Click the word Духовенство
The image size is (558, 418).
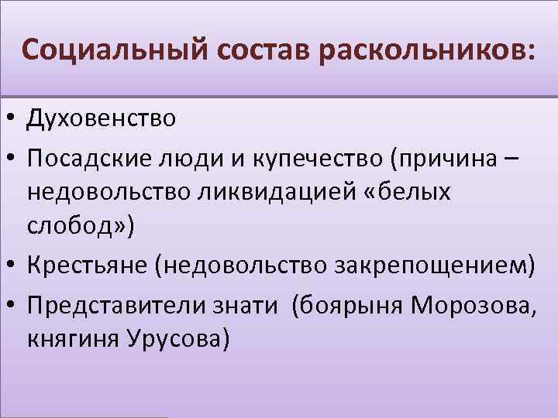[x=102, y=118]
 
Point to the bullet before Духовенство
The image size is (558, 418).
[x=12, y=119]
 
